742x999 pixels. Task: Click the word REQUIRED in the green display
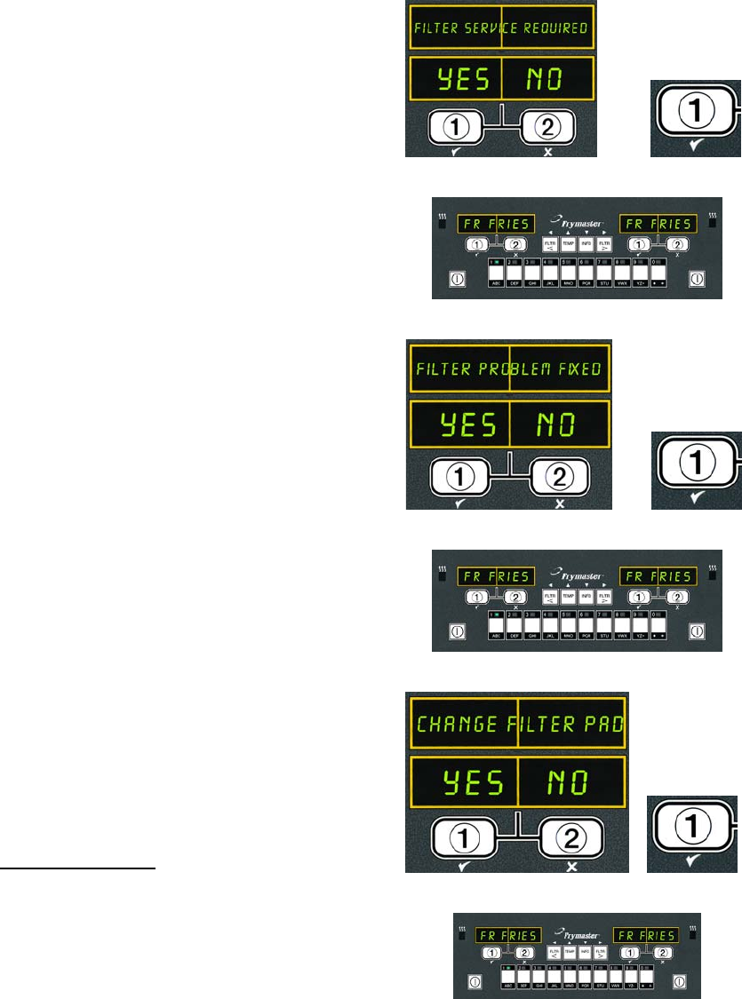pyautogui.click(x=554, y=28)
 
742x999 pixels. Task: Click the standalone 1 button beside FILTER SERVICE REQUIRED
pyautogui.click(x=697, y=109)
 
